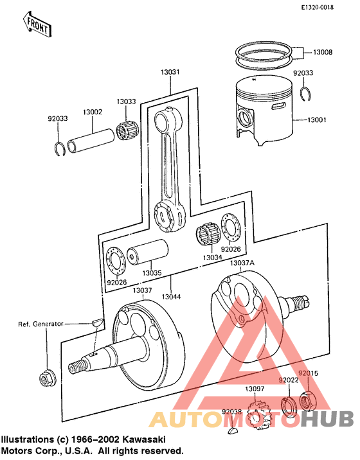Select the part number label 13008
point(323,51)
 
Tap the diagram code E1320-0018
point(328,7)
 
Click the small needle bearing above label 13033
point(127,132)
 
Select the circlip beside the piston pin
point(59,148)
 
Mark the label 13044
point(171,297)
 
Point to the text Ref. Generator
point(39,324)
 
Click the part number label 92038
point(231,412)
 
